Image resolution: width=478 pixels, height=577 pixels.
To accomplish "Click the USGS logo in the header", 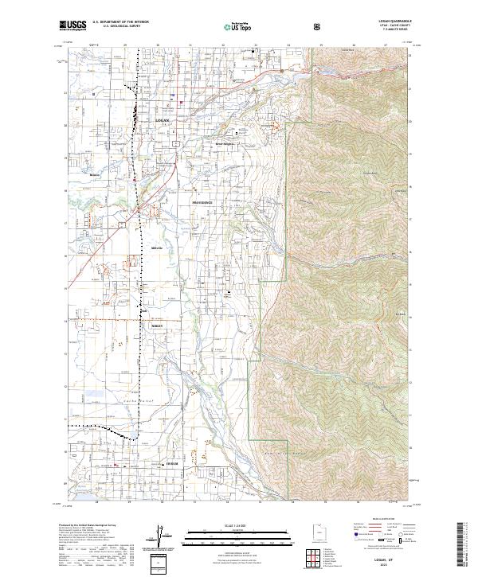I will click(74, 26).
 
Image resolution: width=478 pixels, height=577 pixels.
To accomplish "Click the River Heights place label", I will click(227, 144).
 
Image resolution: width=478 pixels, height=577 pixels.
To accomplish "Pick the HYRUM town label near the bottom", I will click(171, 462).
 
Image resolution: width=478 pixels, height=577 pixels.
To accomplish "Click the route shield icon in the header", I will click(319, 26).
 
